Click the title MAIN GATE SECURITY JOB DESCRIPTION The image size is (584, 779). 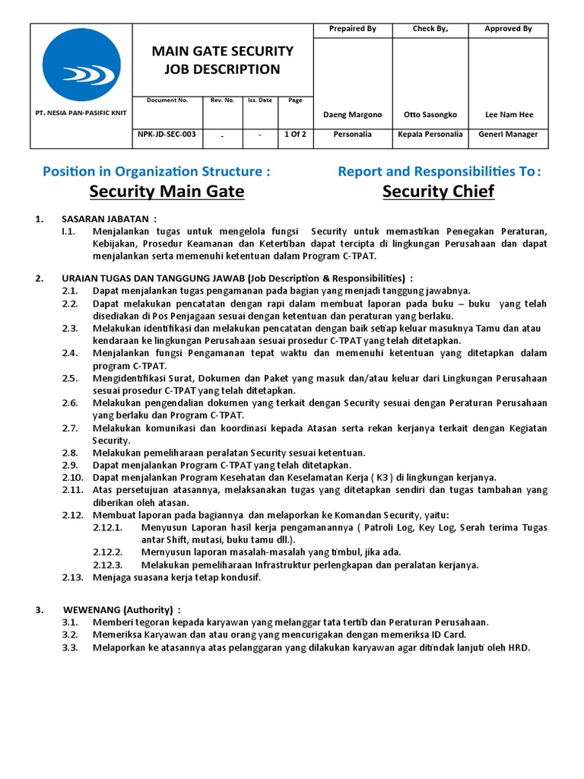(223, 60)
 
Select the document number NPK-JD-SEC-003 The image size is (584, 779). (167, 134)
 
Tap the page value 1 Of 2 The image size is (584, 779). (294, 134)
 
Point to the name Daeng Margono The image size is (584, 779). (352, 115)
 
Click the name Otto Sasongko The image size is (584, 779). (430, 115)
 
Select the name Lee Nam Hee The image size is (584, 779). (509, 115)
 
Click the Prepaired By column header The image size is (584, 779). (352, 29)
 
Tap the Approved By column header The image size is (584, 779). (508, 29)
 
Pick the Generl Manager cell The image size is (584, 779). (508, 134)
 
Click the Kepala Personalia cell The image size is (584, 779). (430, 134)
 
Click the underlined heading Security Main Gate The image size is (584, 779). (167, 191)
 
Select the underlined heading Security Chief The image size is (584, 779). (438, 191)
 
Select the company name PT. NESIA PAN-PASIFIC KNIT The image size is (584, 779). (81, 113)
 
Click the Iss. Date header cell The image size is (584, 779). (259, 100)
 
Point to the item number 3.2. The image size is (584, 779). (70, 634)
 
